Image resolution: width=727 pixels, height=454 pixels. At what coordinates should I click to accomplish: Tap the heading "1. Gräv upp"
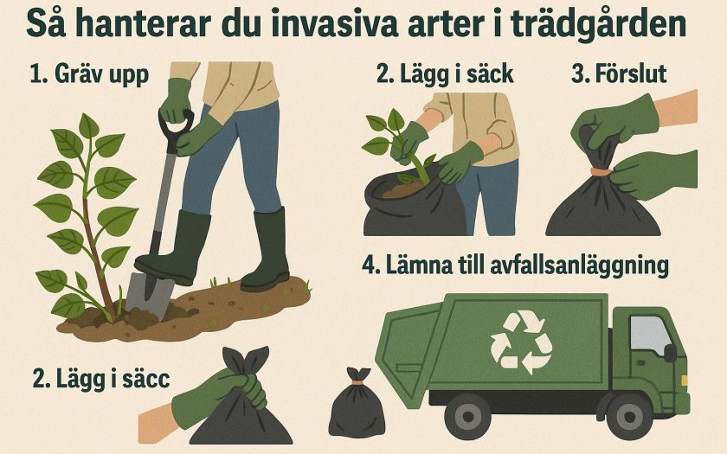click(89, 74)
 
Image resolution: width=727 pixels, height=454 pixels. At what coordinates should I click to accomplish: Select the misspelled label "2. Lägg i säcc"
click(101, 379)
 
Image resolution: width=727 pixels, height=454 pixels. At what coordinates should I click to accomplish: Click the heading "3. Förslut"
click(619, 74)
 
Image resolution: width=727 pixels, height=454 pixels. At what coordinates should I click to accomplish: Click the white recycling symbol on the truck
click(521, 342)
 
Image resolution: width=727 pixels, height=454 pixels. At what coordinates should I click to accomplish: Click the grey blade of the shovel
click(147, 296)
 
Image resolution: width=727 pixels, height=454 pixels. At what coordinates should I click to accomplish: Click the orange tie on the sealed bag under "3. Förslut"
click(602, 172)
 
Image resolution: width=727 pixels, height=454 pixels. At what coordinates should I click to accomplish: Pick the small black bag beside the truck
click(357, 404)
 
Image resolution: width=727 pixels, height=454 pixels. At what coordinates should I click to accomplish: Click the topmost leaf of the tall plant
click(88, 125)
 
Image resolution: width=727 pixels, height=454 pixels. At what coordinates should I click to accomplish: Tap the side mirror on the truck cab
click(670, 353)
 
